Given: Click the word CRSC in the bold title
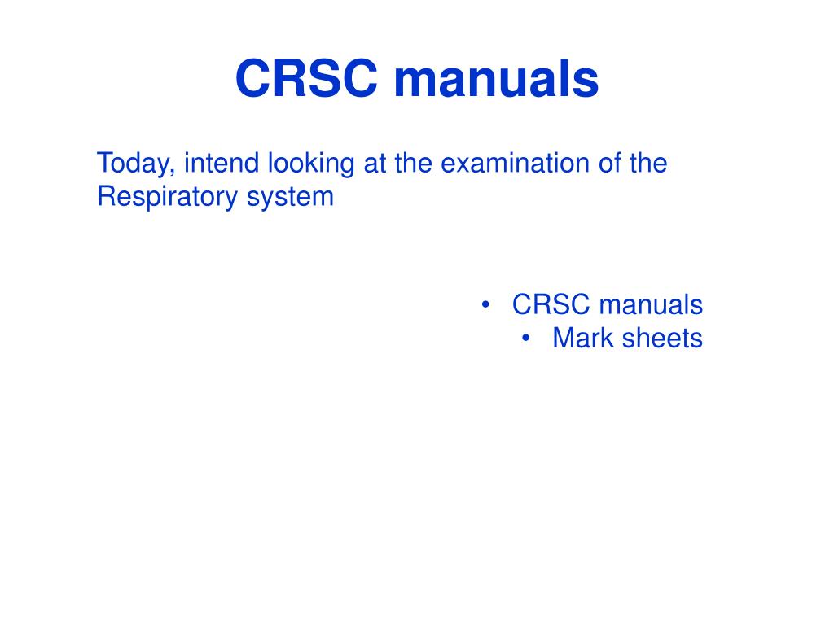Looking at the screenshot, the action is click(306, 78).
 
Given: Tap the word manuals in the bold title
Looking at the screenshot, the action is click(496, 78).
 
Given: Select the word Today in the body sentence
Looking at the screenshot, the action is click(134, 164).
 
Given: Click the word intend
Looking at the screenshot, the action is click(222, 163).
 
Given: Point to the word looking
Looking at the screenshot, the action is click(310, 164).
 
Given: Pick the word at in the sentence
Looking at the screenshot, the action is click(375, 164).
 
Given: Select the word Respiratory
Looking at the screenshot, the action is click(167, 197).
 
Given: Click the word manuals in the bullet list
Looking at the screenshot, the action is click(651, 304).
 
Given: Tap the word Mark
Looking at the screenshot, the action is click(583, 338).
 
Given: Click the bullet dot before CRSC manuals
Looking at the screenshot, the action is click(485, 305).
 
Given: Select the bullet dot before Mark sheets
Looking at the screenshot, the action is click(526, 339).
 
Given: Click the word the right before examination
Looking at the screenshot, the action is click(413, 163).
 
